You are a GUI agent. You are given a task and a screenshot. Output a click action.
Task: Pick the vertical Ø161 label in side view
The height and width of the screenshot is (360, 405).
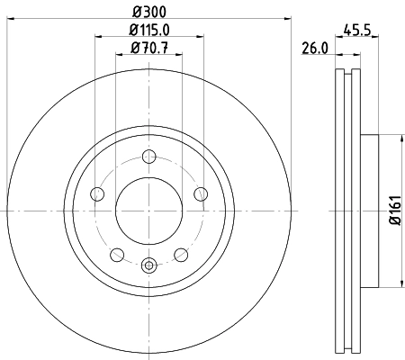tap(395, 209)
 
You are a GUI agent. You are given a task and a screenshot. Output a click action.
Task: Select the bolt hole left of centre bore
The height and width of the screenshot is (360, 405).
tap(99, 193)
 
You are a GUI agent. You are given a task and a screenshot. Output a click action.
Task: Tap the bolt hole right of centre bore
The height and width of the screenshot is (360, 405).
tap(200, 193)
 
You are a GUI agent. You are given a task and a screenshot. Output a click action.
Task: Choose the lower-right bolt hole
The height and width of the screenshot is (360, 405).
tap(181, 254)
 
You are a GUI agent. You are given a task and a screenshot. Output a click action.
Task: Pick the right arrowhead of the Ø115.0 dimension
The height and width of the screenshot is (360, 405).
tap(200, 37)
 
